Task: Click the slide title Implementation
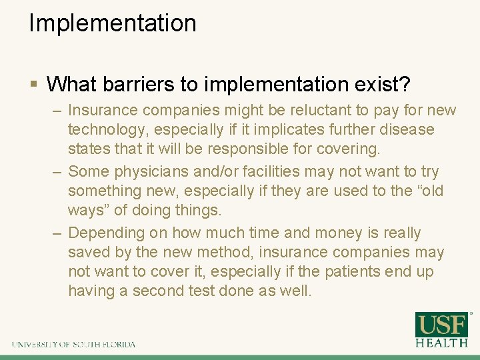(x=113, y=23)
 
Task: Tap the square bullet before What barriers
(x=34, y=84)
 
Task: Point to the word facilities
(x=290, y=171)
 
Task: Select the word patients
(x=355, y=272)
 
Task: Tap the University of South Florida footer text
(x=73, y=345)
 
